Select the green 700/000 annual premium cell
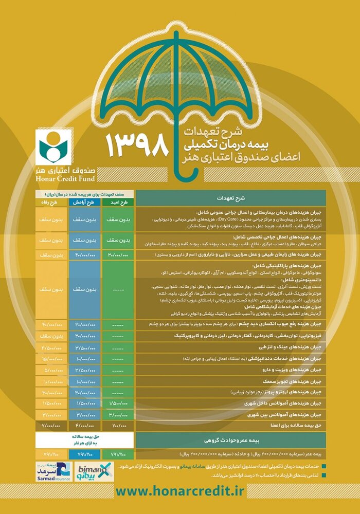click(x=118, y=426)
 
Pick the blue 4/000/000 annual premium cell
click(x=85, y=426)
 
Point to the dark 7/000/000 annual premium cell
click(x=52, y=426)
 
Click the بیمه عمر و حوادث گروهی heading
click(x=230, y=440)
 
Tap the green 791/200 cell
click(x=118, y=455)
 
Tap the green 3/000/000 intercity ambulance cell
click(x=118, y=415)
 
